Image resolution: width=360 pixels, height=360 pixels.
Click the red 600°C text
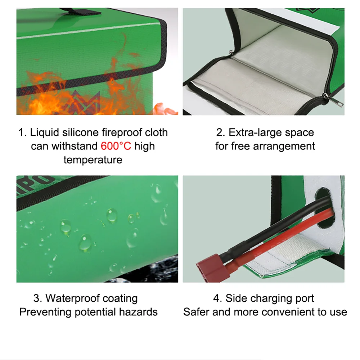pos(116,146)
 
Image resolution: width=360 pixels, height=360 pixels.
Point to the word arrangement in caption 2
pos(284,147)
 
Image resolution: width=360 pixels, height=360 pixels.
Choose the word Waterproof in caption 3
pos(73,298)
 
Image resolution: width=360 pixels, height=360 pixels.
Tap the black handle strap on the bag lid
pos(80,11)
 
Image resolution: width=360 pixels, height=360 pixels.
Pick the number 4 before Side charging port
pos(216,298)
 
